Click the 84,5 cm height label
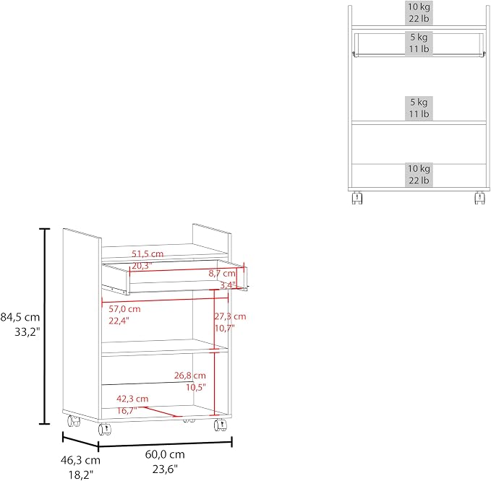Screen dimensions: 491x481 (x=20, y=317)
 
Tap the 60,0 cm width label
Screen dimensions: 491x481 (x=165, y=454)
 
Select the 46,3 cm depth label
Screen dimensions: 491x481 (x=80, y=460)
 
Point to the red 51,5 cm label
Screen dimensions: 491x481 (x=148, y=253)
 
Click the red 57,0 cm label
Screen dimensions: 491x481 (x=124, y=309)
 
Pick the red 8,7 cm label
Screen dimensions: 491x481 (x=222, y=273)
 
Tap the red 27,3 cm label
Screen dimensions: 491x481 (x=230, y=316)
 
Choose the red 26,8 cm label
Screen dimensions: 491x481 (x=190, y=376)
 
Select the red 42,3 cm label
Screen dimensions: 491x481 (x=132, y=399)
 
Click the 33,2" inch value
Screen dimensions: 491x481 (x=27, y=331)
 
